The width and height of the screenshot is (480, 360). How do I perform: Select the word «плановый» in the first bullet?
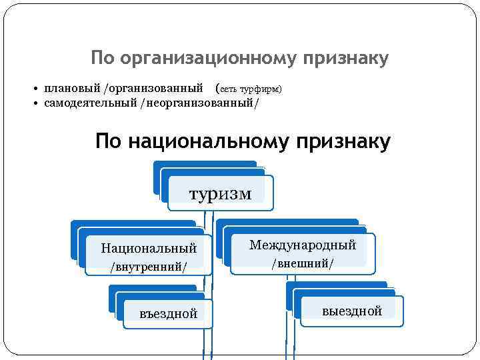tap(71, 88)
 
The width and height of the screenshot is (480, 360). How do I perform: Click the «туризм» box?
tap(221, 193)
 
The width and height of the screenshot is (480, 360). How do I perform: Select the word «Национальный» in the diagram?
tap(149, 249)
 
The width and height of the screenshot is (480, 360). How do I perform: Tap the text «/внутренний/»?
tap(149, 267)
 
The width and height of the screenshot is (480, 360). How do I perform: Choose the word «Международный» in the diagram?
tap(303, 245)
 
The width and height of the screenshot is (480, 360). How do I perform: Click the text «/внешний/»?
tap(303, 263)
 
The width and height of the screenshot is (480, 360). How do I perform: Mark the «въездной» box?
tap(169, 313)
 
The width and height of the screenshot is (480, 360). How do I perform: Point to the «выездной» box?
tap(351, 311)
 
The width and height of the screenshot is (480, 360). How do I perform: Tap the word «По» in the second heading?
tap(108, 142)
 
